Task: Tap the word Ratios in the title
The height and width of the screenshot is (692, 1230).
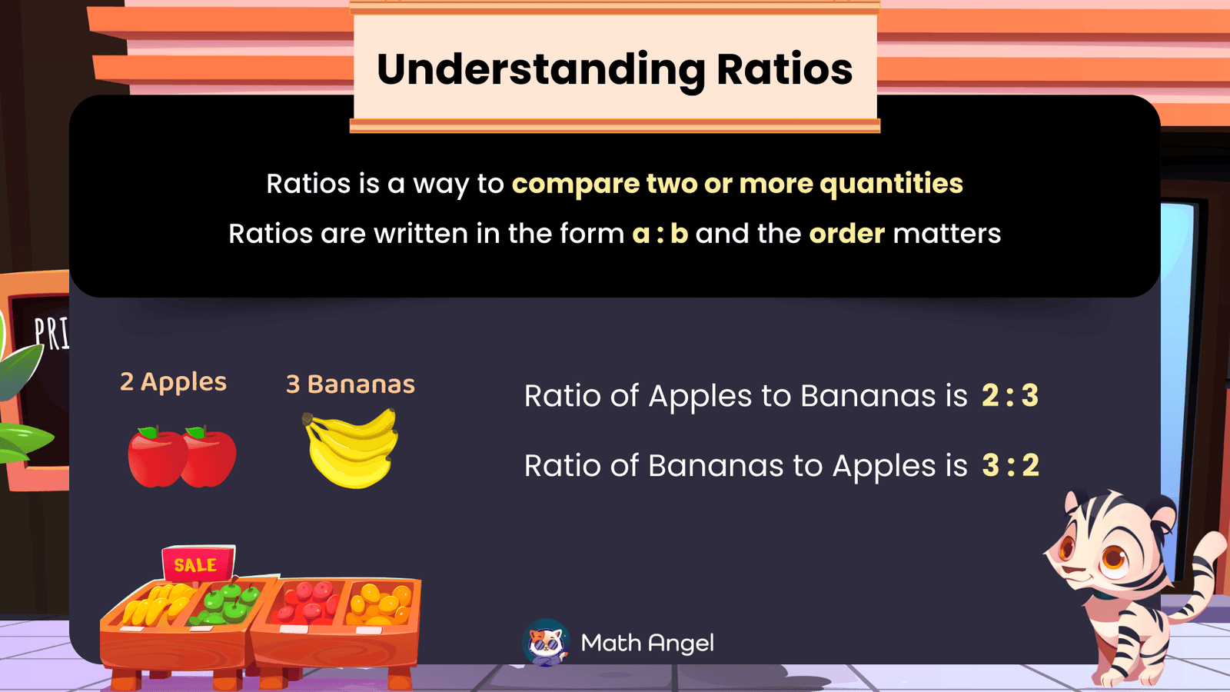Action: click(784, 69)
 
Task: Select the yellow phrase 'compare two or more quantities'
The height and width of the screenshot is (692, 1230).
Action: click(736, 184)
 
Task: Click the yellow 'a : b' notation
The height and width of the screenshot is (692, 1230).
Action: click(660, 234)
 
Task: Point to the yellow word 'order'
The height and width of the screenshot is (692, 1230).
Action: click(846, 234)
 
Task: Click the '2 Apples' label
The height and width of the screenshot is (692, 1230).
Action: click(173, 382)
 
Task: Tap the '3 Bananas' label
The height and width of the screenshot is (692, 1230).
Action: click(351, 384)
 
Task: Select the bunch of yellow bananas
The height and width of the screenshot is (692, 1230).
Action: click(352, 449)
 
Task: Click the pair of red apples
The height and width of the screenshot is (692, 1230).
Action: click(182, 457)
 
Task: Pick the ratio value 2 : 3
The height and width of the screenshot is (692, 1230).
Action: click(1009, 396)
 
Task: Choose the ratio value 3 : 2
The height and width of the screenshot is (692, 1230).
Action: click(1010, 465)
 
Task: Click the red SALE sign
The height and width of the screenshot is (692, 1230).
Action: click(197, 564)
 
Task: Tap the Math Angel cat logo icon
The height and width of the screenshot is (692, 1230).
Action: click(546, 643)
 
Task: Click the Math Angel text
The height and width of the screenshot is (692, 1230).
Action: click(647, 643)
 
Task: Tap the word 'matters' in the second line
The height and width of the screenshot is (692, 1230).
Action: click(946, 234)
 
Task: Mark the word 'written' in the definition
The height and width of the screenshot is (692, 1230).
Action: click(421, 234)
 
